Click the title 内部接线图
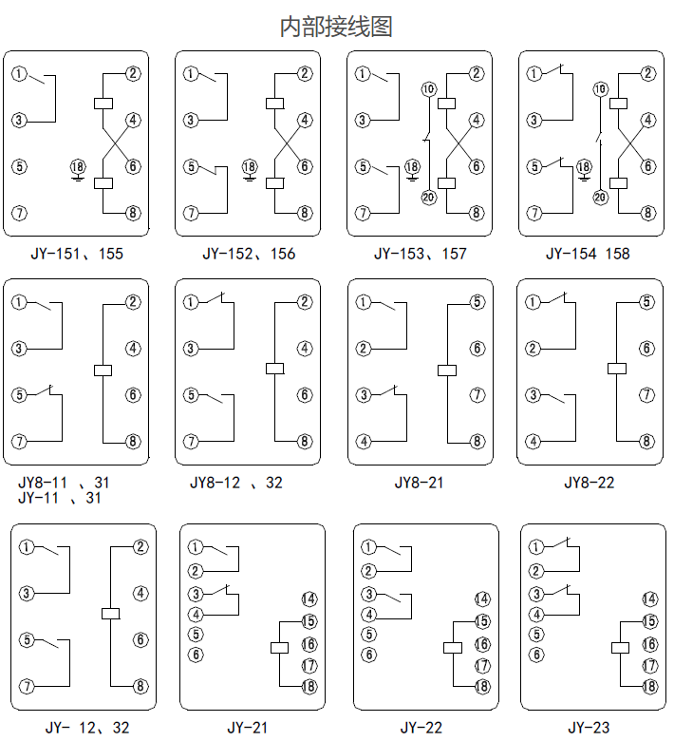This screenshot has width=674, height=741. [336, 26]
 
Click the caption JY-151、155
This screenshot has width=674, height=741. [76, 254]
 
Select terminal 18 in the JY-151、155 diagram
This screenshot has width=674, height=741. [78, 166]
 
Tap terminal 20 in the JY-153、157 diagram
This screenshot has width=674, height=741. [427, 197]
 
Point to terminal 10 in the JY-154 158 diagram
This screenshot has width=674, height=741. [599, 89]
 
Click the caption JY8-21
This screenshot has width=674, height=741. [419, 482]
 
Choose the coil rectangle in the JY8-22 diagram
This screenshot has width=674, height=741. [616, 370]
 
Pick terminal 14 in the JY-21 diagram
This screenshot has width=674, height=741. [309, 598]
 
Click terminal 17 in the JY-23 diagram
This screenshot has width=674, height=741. [649, 666]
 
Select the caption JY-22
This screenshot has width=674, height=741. [421, 728]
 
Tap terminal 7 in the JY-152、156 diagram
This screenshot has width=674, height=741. [191, 213]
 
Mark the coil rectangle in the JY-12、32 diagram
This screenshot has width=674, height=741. [111, 614]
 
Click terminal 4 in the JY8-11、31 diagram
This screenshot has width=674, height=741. [133, 348]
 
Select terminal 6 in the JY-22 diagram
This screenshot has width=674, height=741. [368, 654]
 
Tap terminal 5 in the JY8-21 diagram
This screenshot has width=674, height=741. [477, 302]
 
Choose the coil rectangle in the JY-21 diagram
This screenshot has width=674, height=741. [280, 648]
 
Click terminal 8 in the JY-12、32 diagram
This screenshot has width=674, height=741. [140, 685]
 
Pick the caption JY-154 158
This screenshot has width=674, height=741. [588, 254]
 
